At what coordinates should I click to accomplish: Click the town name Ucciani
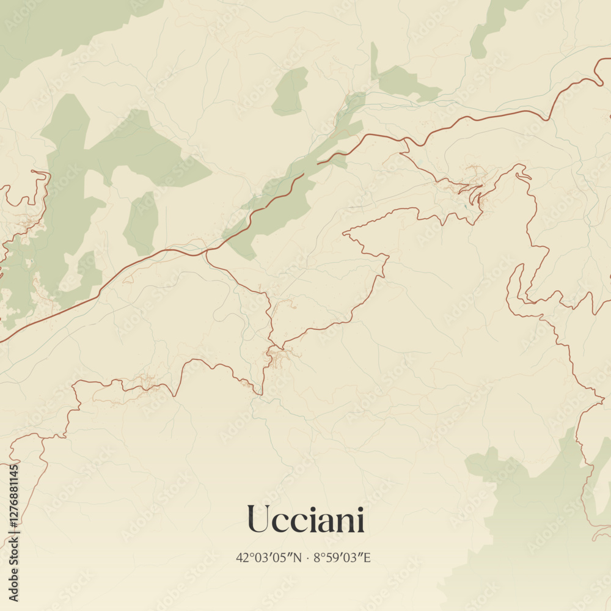[305, 520]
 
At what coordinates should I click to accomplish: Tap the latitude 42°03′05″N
[269, 557]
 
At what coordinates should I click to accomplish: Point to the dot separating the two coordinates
[307, 557]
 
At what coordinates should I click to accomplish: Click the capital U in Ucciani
[258, 520]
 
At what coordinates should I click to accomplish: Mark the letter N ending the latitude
[298, 557]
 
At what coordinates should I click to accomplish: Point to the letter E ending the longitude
[367, 557]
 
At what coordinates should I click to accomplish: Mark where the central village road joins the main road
[207, 251]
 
